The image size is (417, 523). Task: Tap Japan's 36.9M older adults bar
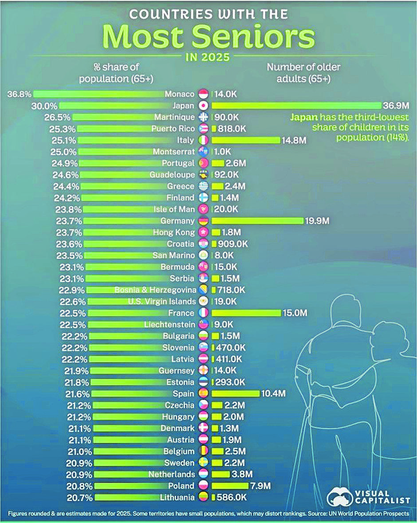tap(296, 105)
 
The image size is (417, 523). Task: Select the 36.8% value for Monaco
tap(20, 94)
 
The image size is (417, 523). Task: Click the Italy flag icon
tap(203, 140)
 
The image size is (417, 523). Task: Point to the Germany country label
tap(179, 221)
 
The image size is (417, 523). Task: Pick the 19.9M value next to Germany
tap(317, 221)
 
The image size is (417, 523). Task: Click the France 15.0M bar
tap(247, 313)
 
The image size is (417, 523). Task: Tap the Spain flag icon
tap(203, 393)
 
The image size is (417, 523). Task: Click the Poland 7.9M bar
tap(230, 486)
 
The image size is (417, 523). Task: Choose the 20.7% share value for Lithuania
tap(81, 497)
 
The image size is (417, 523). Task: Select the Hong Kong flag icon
tap(203, 232)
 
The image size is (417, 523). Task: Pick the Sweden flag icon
tap(203, 463)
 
